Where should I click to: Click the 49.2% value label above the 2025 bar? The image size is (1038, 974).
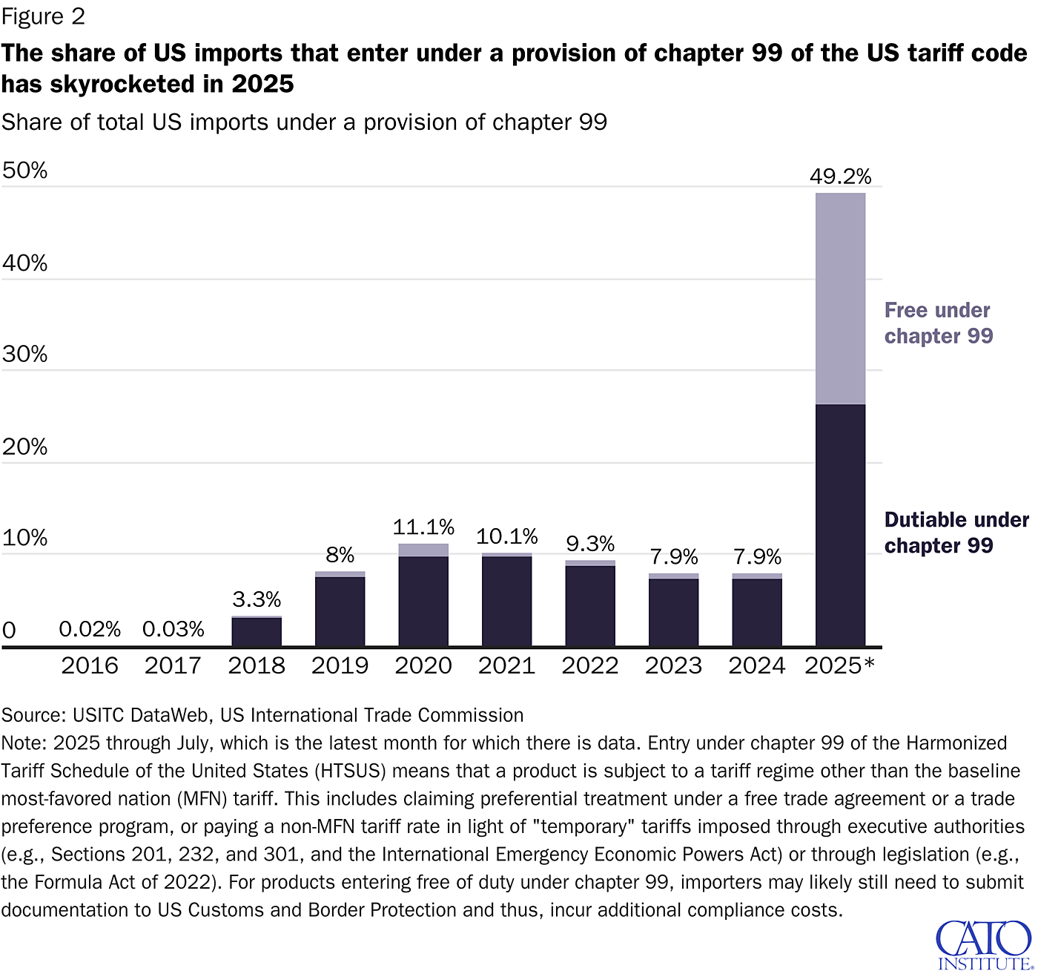(x=840, y=177)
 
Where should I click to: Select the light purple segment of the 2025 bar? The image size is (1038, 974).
(x=840, y=298)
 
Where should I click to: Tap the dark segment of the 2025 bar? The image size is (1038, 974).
(x=840, y=525)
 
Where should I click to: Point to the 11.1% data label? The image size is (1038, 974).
(x=423, y=527)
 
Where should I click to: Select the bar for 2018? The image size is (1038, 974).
(x=257, y=631)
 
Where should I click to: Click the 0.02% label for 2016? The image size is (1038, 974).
(x=90, y=629)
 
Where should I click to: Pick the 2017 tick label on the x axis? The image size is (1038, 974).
(x=173, y=665)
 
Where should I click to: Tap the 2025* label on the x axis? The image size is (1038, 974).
(x=839, y=665)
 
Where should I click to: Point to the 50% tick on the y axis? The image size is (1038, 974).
(x=24, y=171)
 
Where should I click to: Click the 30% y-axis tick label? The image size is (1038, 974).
(x=24, y=354)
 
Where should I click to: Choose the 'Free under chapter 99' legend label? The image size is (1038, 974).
(x=938, y=323)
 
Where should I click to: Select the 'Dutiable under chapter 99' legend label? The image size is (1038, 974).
(x=956, y=533)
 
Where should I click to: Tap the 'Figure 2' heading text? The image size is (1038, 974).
(x=43, y=16)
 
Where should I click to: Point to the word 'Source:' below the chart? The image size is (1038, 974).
(x=34, y=715)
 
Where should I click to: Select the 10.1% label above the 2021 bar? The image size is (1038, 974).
(x=507, y=536)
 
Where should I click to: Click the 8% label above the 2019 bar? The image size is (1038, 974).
(x=340, y=555)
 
